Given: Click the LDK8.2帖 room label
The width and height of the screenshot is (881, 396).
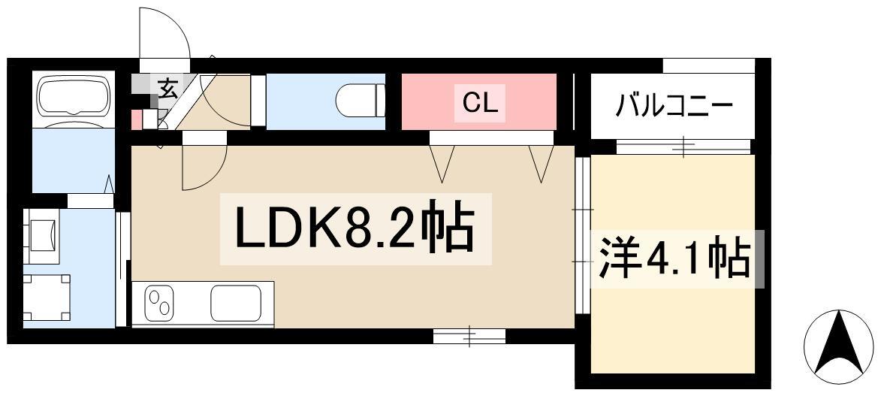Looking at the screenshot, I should point(355,228).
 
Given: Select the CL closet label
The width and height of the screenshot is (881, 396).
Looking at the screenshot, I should point(479,103).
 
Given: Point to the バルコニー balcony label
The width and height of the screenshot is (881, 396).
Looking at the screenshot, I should point(673,105).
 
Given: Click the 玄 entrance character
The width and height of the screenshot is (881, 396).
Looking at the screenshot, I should point(167,88).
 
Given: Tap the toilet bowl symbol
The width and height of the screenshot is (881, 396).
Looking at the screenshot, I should point(359,101).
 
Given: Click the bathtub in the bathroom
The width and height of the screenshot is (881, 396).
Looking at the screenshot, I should point(74,97).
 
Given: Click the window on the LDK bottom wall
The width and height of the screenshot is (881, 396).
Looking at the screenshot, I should point(469,335).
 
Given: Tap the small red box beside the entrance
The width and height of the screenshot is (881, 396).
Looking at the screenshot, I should point(137,119).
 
